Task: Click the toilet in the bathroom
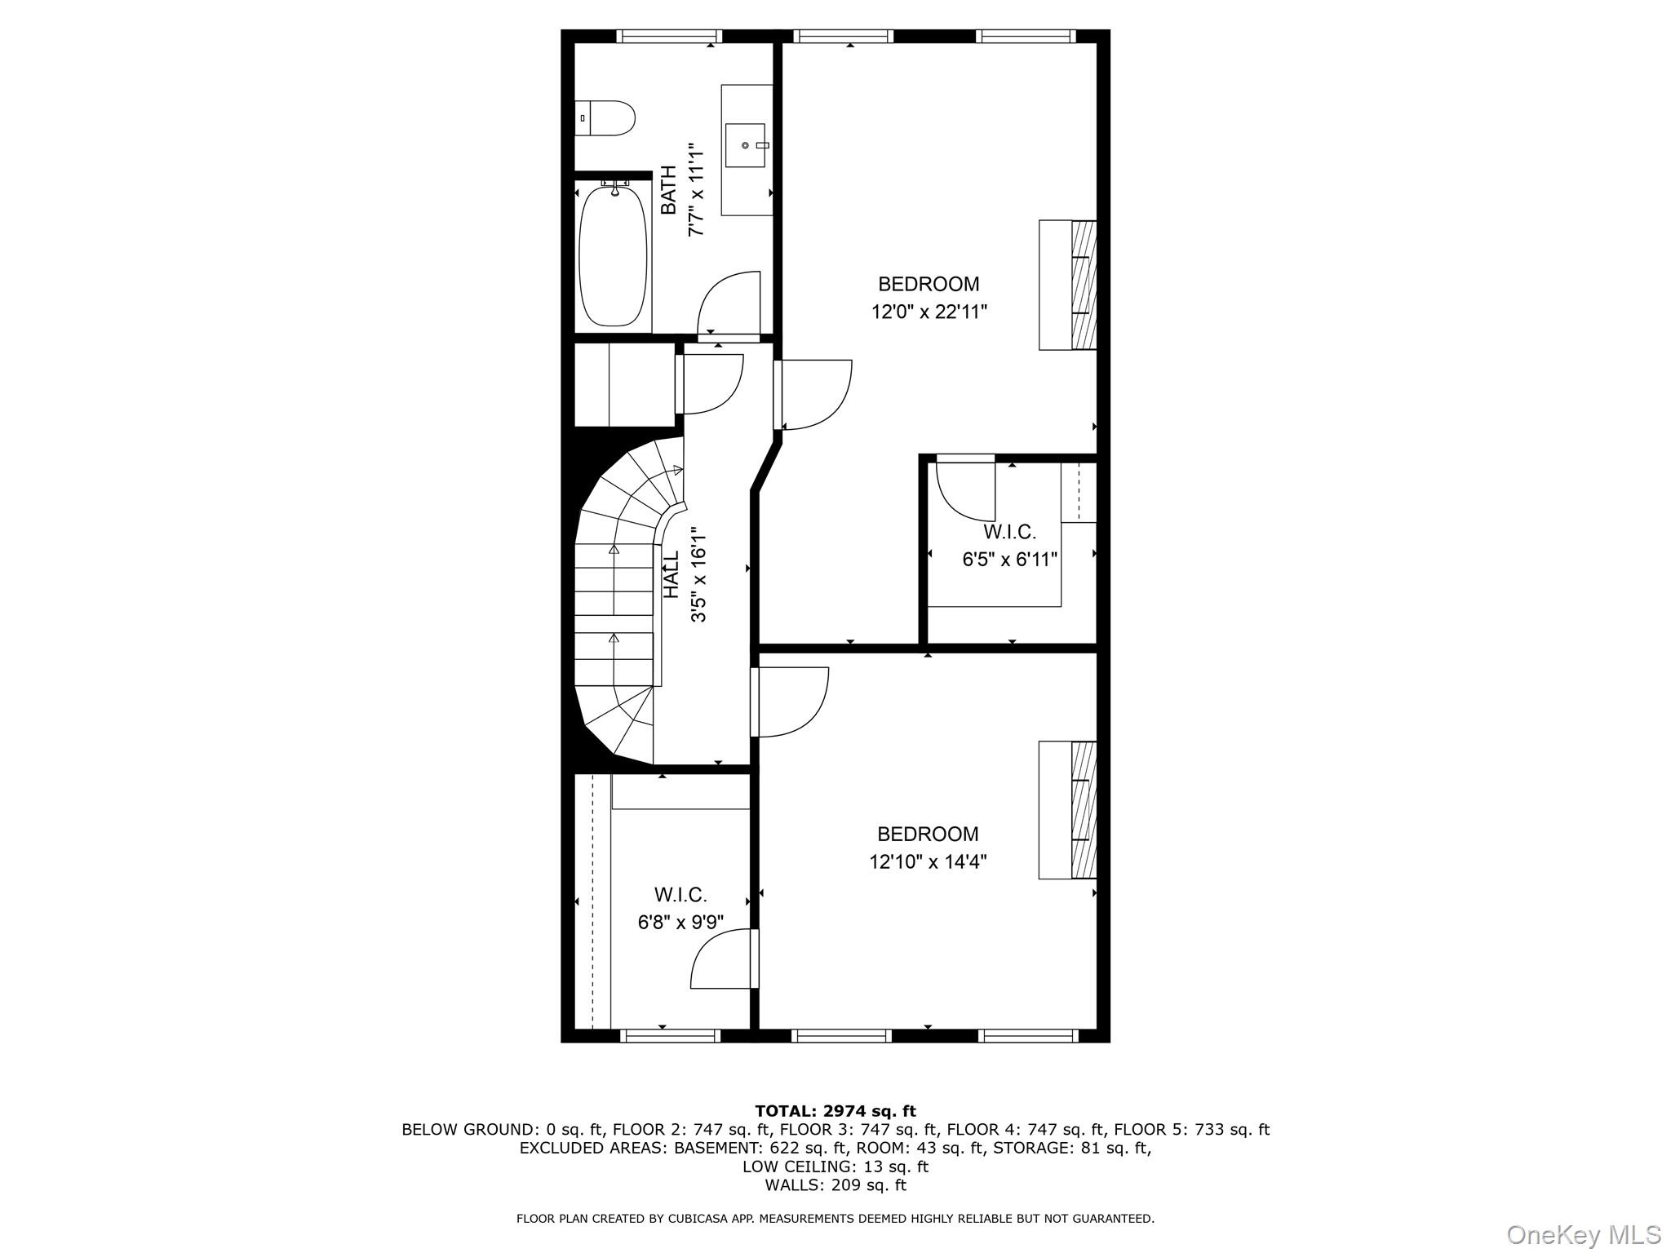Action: (x=605, y=118)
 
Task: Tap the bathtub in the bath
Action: (x=614, y=255)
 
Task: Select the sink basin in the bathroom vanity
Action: (x=746, y=145)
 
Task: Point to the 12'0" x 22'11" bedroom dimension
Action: (x=929, y=312)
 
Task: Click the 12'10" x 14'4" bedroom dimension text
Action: (x=928, y=861)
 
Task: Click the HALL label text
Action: (x=671, y=574)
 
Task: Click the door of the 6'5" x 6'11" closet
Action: (x=966, y=489)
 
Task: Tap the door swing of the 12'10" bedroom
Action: (x=790, y=702)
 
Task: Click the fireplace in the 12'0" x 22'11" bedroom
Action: (x=1067, y=285)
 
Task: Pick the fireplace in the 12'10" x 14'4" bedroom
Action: (x=1067, y=810)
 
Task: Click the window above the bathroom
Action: (x=669, y=36)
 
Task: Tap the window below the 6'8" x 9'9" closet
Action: (x=670, y=1036)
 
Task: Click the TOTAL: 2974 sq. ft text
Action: (x=835, y=1111)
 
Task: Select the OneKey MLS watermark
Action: (x=1584, y=1234)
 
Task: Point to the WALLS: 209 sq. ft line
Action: (x=835, y=1185)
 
